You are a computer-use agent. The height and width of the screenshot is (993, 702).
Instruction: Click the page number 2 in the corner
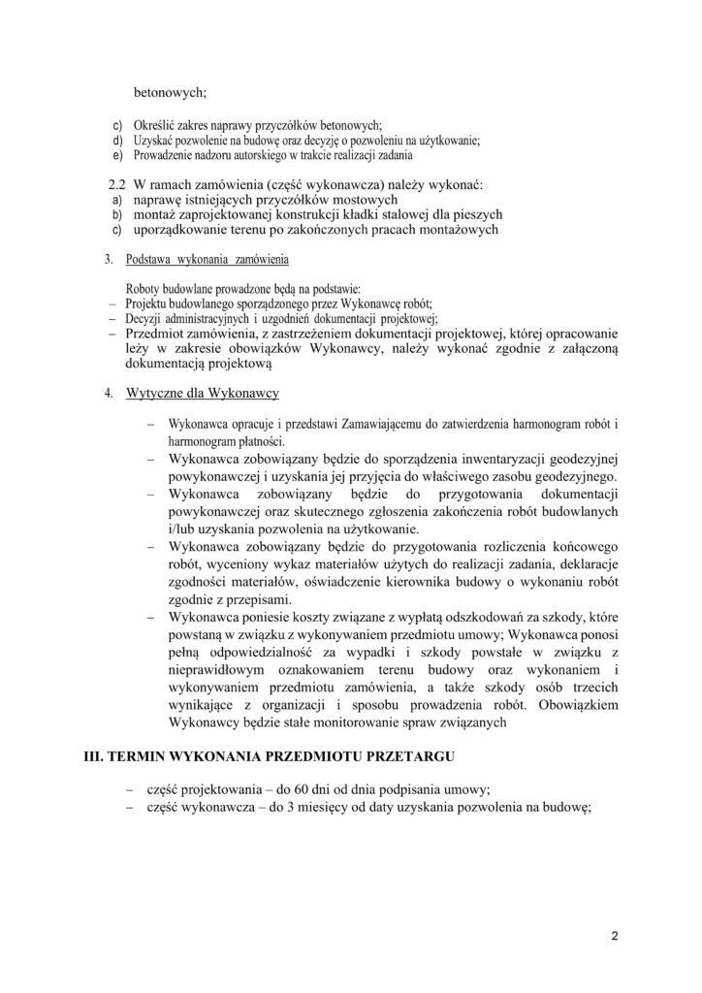[x=615, y=936]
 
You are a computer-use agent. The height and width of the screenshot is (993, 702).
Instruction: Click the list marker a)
[x=113, y=199]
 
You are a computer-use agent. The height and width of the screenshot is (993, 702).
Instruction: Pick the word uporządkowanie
[x=189, y=230]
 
